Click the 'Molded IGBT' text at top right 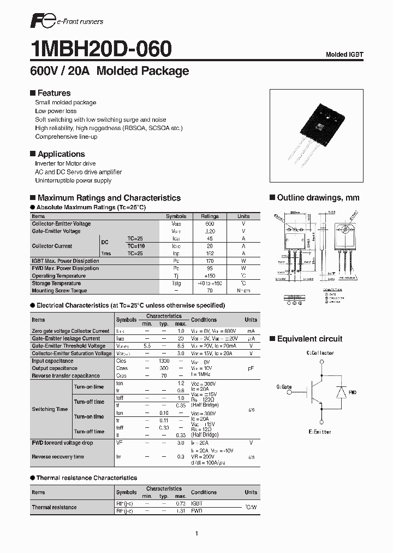point(344,55)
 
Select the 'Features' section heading point(53,93)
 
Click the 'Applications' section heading point(61,155)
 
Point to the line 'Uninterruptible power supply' point(73,181)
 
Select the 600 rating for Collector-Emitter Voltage point(210,224)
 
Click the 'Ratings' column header point(210,216)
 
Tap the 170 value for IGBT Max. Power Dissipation point(210,261)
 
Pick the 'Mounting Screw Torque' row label point(59,291)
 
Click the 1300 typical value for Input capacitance point(164,361)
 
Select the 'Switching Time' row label point(50,409)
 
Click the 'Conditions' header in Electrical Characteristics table point(204,320)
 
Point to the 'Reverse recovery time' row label point(58,457)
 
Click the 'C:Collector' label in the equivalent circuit point(320,353)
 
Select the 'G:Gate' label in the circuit point(284,387)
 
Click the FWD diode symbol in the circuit point(341,392)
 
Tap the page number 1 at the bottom point(196,533)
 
